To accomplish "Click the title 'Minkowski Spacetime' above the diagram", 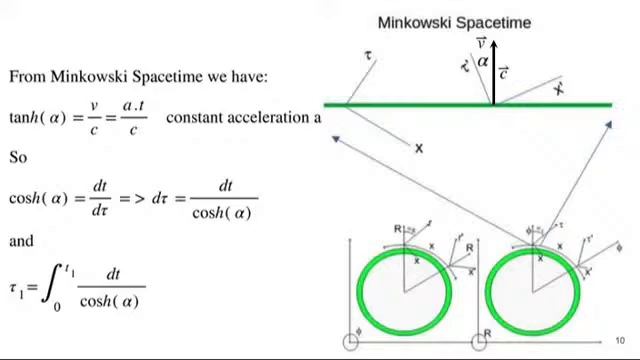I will [454, 22].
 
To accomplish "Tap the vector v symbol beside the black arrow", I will [481, 43].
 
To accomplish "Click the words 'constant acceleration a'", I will [243, 117].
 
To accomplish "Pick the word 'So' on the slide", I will [18, 157].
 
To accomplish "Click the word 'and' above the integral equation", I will [21, 241].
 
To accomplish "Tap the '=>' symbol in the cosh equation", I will [133, 199].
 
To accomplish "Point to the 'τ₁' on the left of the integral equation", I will [16, 289].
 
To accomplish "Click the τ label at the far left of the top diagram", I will [369, 55].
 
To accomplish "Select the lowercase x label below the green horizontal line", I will [419, 148].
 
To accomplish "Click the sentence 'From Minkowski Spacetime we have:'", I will [138, 76].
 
